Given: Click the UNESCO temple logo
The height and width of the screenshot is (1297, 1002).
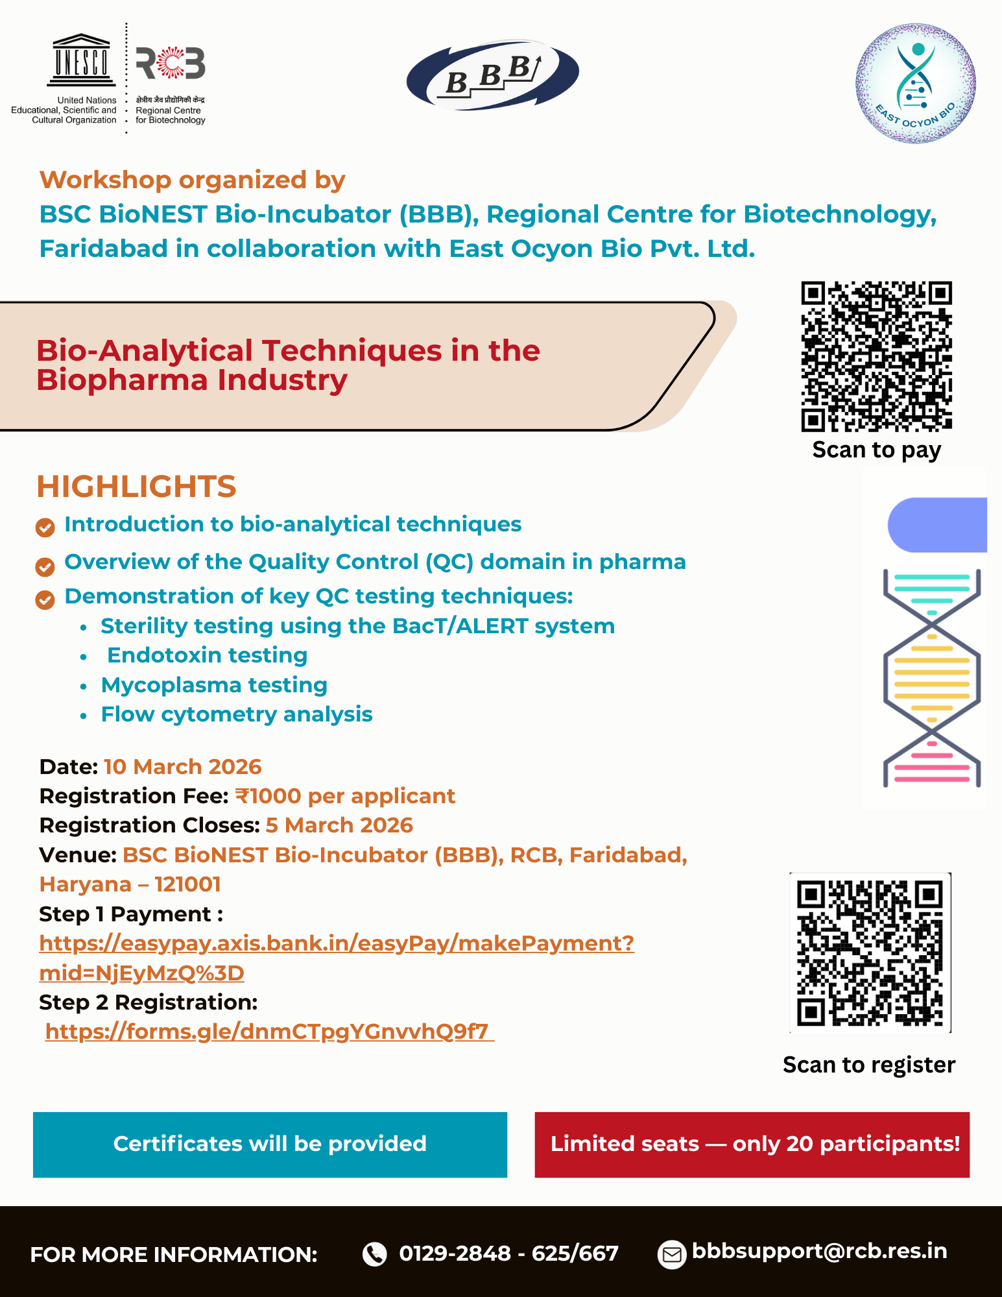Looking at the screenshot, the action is point(81,60).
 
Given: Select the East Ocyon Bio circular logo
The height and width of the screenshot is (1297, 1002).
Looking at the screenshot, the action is point(915,83).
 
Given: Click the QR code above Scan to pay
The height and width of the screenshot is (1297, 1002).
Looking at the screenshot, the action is point(876,356).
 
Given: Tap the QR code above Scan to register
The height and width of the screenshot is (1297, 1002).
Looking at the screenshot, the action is point(870,952).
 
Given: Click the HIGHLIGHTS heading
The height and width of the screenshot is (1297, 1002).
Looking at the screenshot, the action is point(136,487).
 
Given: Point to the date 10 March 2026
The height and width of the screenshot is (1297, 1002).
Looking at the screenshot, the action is point(182,767).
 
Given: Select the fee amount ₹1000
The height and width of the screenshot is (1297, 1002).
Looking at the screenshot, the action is point(268,796).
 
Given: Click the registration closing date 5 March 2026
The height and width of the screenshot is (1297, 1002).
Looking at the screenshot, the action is point(339,825).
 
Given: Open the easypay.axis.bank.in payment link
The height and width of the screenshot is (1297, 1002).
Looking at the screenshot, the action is point(337,958).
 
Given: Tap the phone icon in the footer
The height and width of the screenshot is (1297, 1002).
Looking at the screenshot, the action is point(374,1254).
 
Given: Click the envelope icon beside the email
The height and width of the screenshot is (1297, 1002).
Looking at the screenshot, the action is point(672,1254).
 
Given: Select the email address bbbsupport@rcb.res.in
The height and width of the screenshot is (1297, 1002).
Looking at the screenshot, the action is point(820,1251).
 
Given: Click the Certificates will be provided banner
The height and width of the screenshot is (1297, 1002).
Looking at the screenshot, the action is point(270,1145).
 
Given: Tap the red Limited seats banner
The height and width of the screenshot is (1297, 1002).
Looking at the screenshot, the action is point(752,1145).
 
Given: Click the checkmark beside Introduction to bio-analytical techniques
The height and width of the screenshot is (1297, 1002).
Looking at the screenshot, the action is point(45,527).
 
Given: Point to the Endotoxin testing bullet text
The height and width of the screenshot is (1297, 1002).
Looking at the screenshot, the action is point(208,655).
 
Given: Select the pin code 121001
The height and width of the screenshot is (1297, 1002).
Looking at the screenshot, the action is point(188,884).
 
